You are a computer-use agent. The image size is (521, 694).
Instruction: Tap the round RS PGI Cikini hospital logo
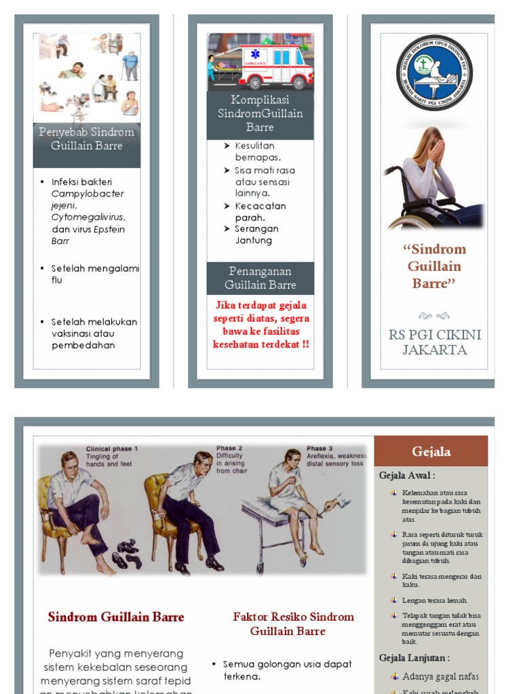tap(434, 73)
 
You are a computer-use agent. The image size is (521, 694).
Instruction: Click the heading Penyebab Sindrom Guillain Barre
tap(87, 138)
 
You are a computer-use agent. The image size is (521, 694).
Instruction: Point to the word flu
tap(57, 280)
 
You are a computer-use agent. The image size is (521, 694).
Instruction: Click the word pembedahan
tap(83, 345)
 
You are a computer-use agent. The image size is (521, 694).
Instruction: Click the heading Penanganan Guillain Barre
tap(260, 278)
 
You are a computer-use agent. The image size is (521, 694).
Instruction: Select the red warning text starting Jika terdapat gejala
tap(261, 325)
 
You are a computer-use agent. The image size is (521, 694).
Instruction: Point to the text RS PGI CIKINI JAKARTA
tap(434, 342)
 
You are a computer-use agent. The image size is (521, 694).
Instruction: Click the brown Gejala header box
tap(431, 451)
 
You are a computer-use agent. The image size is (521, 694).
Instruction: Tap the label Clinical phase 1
tap(112, 449)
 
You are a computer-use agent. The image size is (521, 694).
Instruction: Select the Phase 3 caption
tap(320, 448)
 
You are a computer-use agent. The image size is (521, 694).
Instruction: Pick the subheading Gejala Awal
tap(407, 476)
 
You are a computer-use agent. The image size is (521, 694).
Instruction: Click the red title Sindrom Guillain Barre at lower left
tap(116, 617)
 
